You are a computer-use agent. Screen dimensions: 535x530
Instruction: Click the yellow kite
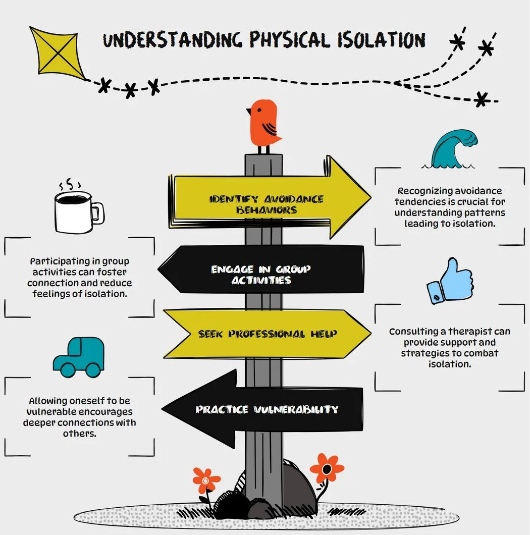click(x=58, y=53)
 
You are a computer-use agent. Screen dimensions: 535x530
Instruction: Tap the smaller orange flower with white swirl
click(x=206, y=480)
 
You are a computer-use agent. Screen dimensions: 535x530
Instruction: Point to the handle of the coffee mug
click(x=98, y=213)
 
